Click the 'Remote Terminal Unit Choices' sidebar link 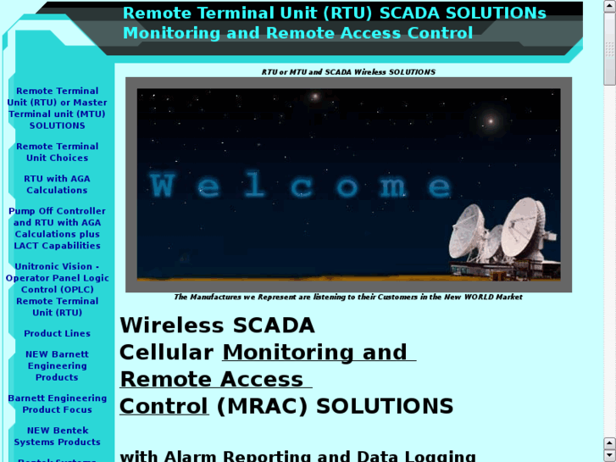57,153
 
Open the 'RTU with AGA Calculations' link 57,185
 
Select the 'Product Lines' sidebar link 57,334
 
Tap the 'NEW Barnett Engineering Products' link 57,366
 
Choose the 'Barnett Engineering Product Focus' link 57,404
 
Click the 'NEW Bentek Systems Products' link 57,437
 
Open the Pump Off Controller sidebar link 57,229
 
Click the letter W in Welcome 163,186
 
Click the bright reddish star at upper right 490,122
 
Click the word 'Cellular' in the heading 166,353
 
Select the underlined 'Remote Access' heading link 211,380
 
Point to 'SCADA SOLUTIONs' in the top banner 463,14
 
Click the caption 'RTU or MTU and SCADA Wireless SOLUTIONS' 348,72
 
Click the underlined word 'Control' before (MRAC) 164,407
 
